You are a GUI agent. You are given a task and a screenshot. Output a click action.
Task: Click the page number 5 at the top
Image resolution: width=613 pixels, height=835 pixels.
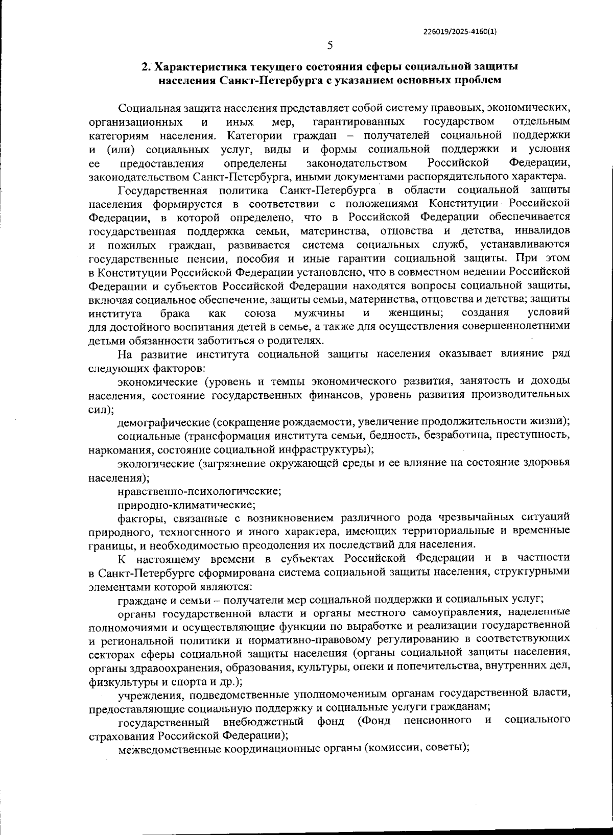[x=330, y=45]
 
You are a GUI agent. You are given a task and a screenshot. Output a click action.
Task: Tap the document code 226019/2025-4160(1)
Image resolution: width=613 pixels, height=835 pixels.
[x=460, y=31]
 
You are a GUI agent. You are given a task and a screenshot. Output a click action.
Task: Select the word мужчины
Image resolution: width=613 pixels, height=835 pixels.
[x=319, y=313]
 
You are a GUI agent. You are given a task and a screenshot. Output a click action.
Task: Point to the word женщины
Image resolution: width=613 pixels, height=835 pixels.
[x=415, y=313]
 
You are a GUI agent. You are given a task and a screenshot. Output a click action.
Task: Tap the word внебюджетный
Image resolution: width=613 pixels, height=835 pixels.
[x=264, y=721]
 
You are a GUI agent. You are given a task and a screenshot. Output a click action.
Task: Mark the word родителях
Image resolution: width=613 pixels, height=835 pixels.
[x=297, y=340]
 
